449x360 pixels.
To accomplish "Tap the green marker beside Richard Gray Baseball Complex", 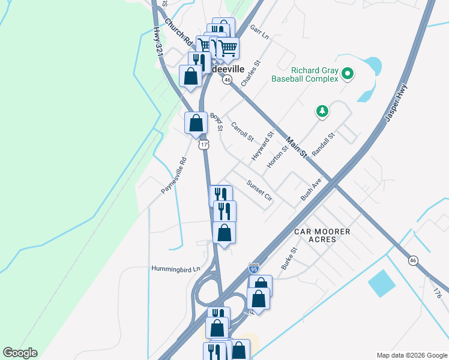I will (347, 74).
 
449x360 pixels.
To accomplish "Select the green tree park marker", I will (323, 111).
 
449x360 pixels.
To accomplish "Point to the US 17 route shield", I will (204, 145).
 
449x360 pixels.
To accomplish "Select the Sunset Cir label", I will (260, 190).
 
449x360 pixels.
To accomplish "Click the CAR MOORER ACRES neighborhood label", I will (315, 235).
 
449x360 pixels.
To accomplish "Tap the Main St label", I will (297, 148).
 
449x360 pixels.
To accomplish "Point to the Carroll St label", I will (243, 132).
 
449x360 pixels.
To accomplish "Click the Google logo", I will (20, 353).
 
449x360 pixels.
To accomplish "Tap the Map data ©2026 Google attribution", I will (412, 355).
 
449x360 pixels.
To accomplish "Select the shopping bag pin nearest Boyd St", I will (196, 123).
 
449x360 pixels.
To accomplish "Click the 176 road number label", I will (437, 293).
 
